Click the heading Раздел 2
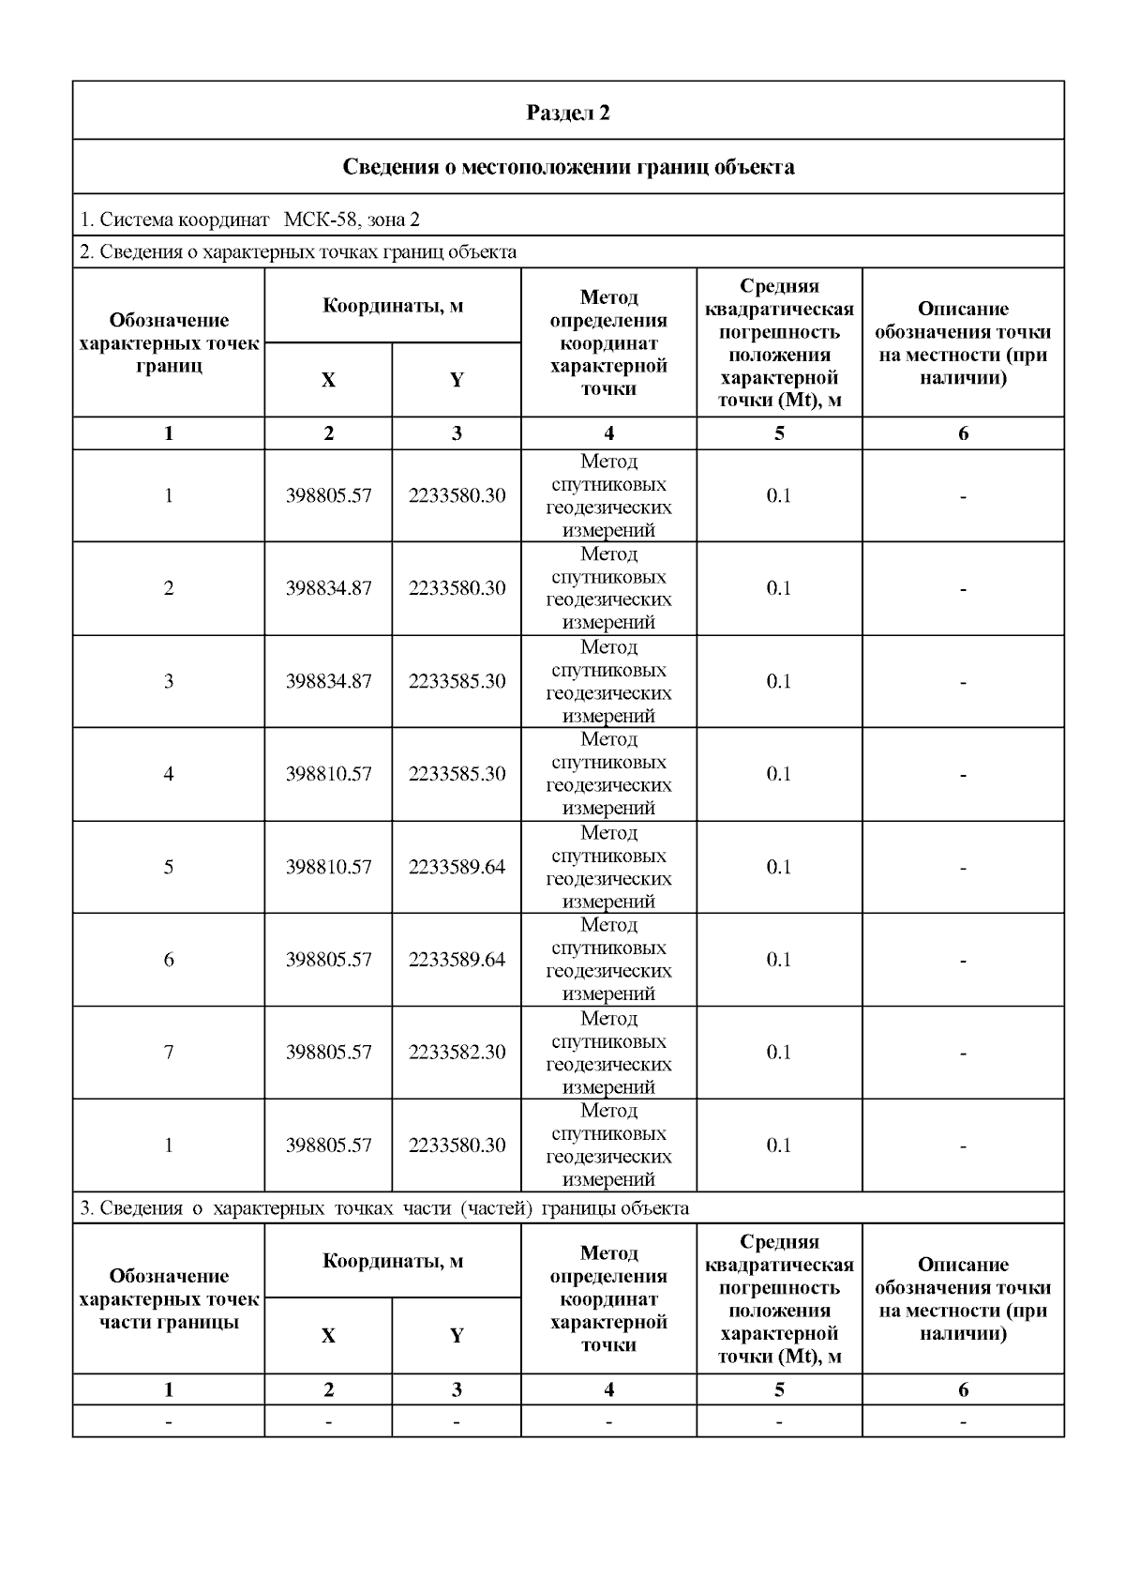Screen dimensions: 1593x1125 [568, 113]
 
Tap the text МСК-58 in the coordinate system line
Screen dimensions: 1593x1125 [319, 220]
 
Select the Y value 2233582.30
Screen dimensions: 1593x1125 [457, 1052]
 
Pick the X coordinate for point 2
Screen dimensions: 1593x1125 [328, 588]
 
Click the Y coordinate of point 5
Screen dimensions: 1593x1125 [457, 866]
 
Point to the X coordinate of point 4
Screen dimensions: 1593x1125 [328, 774]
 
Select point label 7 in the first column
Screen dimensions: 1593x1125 [169, 1052]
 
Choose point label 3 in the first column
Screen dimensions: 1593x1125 [169, 681]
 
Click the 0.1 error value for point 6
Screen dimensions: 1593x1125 [779, 959]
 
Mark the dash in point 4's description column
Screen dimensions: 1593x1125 [963, 775]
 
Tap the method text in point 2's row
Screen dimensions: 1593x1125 [608, 588]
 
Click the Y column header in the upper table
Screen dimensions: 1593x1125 [457, 380]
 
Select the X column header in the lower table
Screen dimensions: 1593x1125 [328, 1336]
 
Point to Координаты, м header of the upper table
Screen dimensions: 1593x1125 [393, 306]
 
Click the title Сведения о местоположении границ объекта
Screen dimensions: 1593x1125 [568, 167]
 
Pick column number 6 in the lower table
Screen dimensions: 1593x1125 [963, 1389]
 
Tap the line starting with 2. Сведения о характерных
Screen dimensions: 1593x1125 [298, 251]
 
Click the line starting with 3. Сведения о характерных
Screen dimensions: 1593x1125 [384, 1207]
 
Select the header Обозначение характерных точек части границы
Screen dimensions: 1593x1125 [169, 1299]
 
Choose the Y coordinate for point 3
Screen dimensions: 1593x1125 [457, 681]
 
